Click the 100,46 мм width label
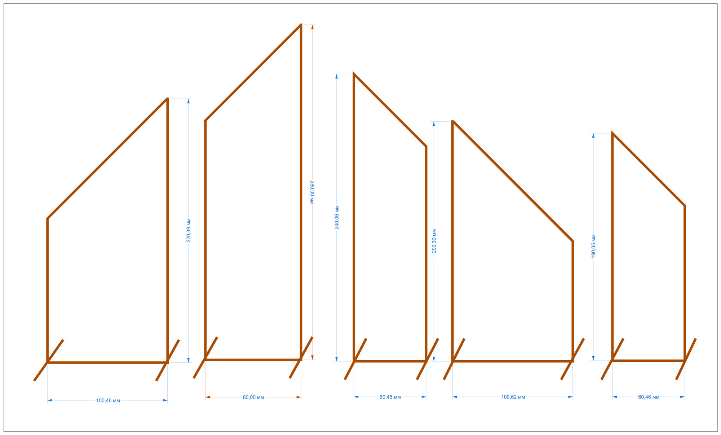(108, 400)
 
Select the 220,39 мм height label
(189, 230)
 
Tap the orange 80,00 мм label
(253, 397)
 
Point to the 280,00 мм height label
(312, 192)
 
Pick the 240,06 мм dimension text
(337, 217)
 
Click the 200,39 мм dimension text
(434, 241)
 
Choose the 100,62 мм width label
(513, 397)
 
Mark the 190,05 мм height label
(593, 246)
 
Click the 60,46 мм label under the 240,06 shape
(390, 397)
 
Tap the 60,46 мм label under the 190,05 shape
(649, 397)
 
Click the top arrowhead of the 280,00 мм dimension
(312, 27)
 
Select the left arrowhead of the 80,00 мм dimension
(208, 397)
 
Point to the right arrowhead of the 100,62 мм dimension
(570, 397)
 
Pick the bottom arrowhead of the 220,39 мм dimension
(189, 360)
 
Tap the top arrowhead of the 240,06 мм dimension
(337, 77)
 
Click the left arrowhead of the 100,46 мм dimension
(50, 400)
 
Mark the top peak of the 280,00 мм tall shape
(301, 25)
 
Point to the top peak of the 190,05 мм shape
(612, 133)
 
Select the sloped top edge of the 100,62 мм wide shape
(513, 181)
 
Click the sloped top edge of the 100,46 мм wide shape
(107, 158)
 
